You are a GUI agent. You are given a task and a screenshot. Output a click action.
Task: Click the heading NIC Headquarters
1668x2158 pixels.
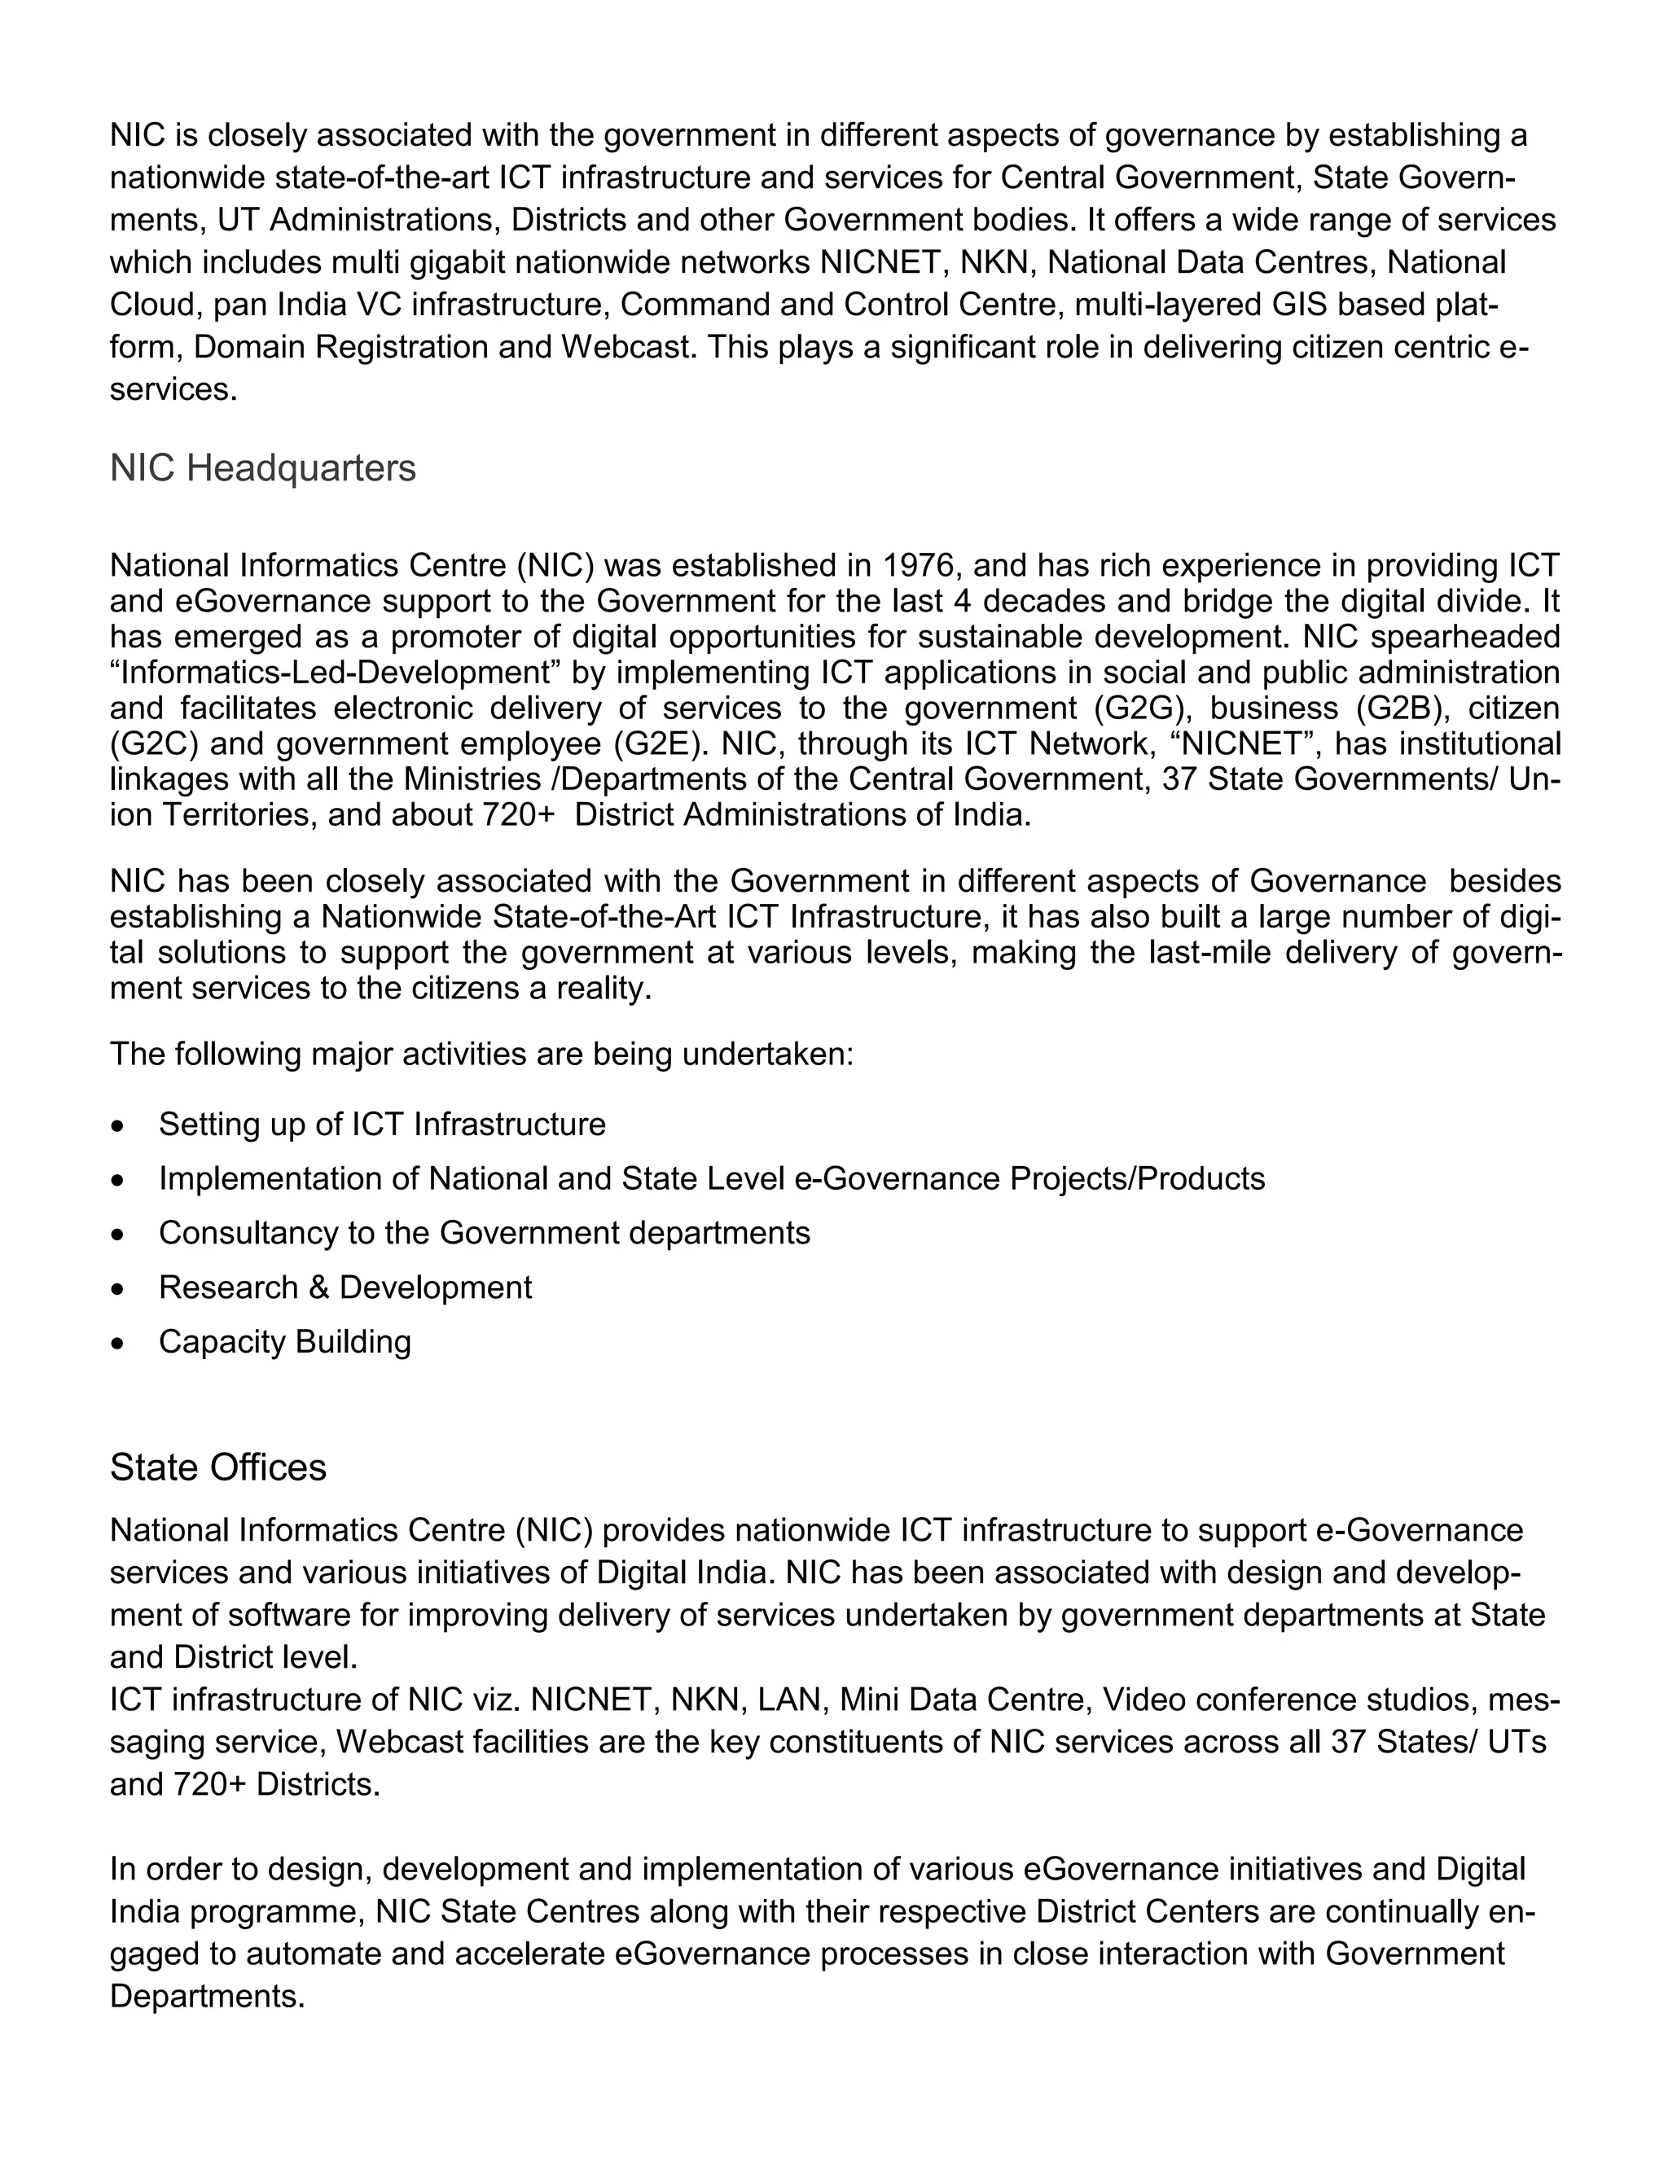point(263,468)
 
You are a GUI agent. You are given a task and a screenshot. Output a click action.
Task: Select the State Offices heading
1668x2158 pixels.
point(217,1467)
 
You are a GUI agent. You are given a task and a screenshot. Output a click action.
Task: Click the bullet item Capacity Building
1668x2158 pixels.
point(284,1342)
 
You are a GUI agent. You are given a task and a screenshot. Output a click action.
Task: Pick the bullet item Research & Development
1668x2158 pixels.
point(345,1287)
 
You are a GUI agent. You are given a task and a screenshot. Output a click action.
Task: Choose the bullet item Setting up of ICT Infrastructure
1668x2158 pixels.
point(381,1125)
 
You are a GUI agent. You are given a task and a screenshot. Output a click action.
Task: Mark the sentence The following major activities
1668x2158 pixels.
point(481,1055)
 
